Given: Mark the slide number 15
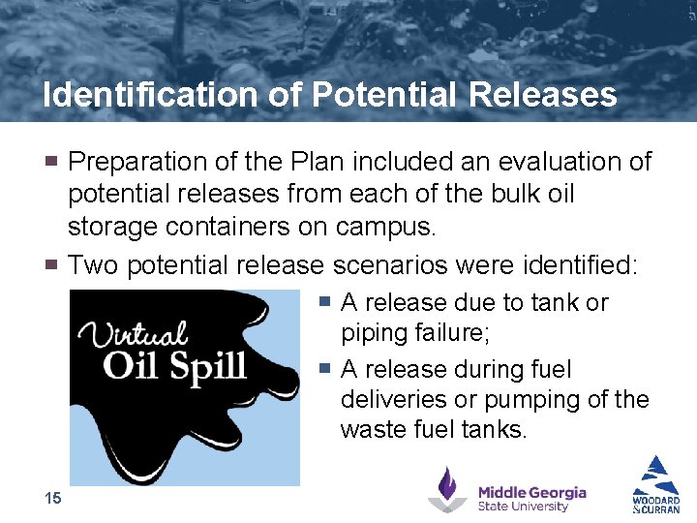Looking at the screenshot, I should (52, 498).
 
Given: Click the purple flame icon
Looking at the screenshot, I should (447, 489).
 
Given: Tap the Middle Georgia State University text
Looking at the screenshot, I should (531, 498).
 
